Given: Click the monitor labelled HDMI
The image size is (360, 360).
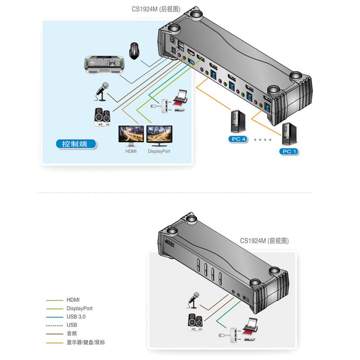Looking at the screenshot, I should [130, 135].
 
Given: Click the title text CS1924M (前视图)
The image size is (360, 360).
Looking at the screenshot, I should [264, 241].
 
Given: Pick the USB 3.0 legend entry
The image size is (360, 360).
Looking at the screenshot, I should [76, 317].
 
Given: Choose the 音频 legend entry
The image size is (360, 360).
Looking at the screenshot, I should [72, 334].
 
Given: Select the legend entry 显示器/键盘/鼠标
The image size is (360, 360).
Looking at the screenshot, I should [85, 342].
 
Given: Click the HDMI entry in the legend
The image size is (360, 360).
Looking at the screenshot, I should [73, 300].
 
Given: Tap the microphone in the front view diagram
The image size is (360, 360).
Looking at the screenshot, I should [194, 300].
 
